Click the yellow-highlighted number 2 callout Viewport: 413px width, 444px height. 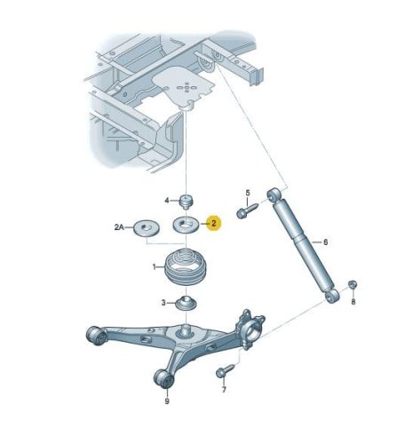[214, 223]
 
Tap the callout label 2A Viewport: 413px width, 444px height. [119, 227]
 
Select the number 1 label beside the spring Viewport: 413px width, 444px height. [154, 267]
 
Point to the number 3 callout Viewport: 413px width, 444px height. [163, 303]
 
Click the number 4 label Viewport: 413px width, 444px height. [167, 201]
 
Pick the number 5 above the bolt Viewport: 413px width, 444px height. [248, 193]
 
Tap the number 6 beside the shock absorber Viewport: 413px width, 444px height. [325, 242]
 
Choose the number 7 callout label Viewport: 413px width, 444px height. [224, 390]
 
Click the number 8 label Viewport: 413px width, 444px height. [353, 302]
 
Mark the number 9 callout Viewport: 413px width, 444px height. [167, 401]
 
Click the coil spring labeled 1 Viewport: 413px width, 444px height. [186, 268]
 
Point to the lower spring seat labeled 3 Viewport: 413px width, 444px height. [186, 304]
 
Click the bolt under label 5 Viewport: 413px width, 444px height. [247, 210]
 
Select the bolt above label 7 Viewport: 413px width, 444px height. [225, 370]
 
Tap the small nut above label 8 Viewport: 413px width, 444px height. [353, 284]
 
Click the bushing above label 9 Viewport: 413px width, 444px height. [164, 378]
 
